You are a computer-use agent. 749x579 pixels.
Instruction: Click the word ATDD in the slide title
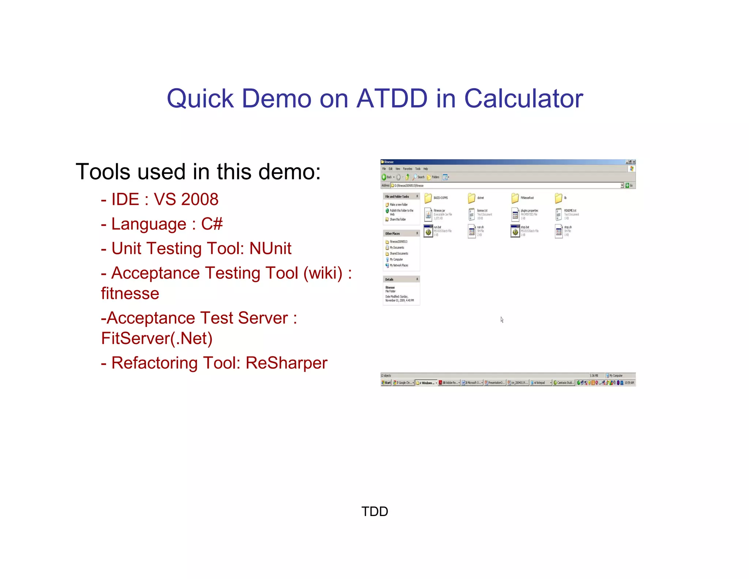[x=392, y=98]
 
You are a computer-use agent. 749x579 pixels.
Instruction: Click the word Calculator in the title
[x=523, y=98]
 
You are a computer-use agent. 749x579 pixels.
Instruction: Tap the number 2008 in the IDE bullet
[x=200, y=199]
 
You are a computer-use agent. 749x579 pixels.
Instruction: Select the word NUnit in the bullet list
[x=270, y=249]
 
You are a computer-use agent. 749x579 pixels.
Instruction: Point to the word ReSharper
[x=286, y=363]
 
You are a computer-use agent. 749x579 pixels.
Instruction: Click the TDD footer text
[x=374, y=511]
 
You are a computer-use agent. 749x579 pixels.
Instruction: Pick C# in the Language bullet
[x=212, y=224]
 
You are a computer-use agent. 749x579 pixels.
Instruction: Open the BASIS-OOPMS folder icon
[x=428, y=198]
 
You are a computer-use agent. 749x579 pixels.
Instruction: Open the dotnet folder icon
[x=471, y=198]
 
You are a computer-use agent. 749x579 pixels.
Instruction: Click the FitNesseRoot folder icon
[x=515, y=198]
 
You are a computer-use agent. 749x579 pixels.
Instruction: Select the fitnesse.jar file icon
[x=428, y=214]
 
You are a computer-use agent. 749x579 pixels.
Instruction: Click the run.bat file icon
[x=428, y=231]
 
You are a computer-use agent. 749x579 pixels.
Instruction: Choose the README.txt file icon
[x=558, y=214]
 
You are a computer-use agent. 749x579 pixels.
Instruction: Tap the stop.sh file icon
[x=558, y=231]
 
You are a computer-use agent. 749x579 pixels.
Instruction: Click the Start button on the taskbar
[x=386, y=383]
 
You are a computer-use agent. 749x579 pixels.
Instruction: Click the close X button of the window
[x=634, y=162]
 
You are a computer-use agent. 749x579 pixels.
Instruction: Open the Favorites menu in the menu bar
[x=407, y=169]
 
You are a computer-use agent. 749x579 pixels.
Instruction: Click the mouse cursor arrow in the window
[x=502, y=320]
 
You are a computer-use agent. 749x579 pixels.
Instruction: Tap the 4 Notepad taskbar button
[x=540, y=383]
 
